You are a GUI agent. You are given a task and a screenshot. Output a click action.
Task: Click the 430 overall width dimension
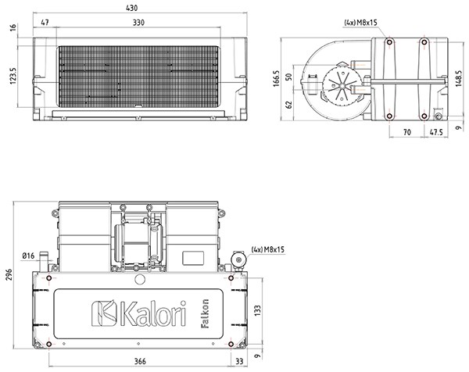point(132,8)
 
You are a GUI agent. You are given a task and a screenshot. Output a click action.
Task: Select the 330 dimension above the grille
point(138,23)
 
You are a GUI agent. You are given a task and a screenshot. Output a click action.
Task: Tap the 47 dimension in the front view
point(45,23)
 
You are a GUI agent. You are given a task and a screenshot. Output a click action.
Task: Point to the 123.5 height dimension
point(13,76)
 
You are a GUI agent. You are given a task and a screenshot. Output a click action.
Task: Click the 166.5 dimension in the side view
point(276,79)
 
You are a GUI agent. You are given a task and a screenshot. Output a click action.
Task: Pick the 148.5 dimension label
point(459,79)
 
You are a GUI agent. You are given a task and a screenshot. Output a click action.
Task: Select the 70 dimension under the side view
point(407,132)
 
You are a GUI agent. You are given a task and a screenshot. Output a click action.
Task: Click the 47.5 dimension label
point(436,132)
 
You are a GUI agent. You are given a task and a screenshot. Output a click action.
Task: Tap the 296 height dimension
point(9,274)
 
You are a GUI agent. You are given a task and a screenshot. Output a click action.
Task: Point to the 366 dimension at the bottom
point(140,361)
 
